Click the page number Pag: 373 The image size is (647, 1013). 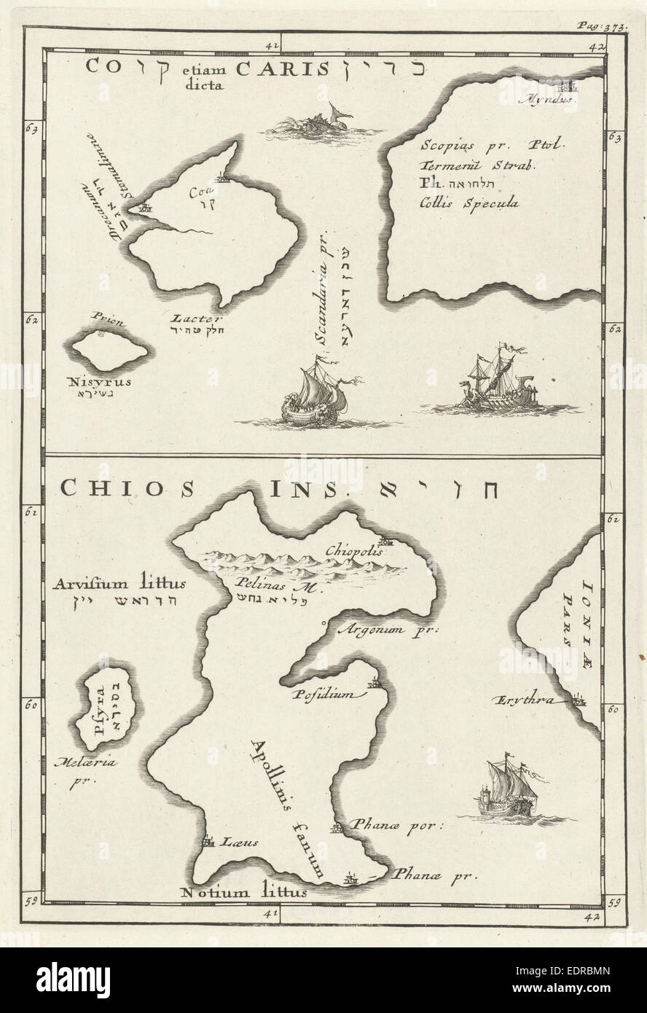click(602, 24)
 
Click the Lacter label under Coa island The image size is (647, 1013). click(189, 318)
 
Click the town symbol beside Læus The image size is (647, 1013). click(208, 841)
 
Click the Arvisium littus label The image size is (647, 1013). click(120, 583)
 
